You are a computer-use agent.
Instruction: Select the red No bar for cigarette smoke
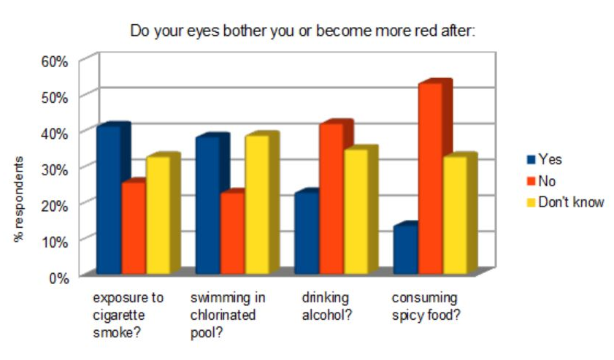pyautogui.click(x=134, y=227)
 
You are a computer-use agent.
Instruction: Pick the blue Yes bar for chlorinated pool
pyautogui.click(x=207, y=204)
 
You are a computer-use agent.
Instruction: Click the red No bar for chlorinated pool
pyautogui.click(x=232, y=232)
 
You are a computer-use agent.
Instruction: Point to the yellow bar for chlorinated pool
pyautogui.click(x=257, y=204)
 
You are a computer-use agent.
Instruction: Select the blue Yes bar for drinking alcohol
pyautogui.click(x=306, y=232)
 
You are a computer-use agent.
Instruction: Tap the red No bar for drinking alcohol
pyautogui.click(x=331, y=198)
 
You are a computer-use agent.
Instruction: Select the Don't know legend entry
pyautogui.click(x=570, y=202)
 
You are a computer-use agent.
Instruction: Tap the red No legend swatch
pyautogui.click(x=531, y=181)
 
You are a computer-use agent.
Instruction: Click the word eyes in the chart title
pyautogui.click(x=198, y=31)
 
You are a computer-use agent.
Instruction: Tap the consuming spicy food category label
pyautogui.click(x=424, y=307)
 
